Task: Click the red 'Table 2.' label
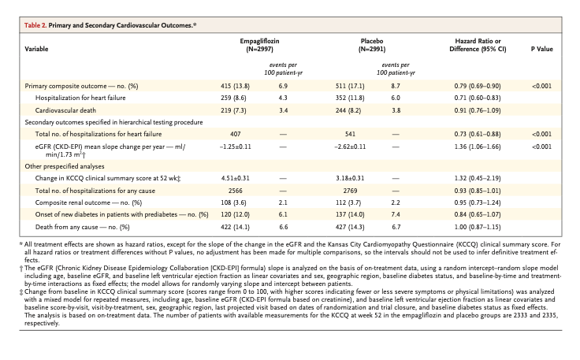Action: tap(35, 25)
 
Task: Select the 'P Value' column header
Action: tap(542, 49)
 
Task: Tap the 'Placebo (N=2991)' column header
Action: tap(372, 45)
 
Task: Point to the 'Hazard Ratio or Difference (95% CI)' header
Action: tap(478, 45)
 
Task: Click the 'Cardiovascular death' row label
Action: tap(65, 110)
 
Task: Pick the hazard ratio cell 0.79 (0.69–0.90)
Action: tap(478, 86)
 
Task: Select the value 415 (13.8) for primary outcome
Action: tap(236, 86)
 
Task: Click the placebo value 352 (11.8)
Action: tap(350, 98)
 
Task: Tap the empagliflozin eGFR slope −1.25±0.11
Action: tap(236, 147)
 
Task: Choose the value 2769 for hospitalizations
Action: tap(350, 191)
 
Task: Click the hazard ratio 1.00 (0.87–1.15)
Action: tap(478, 227)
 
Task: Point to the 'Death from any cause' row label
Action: tap(83, 227)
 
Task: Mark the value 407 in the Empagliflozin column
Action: tap(236, 134)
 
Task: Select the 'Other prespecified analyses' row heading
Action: tap(65, 166)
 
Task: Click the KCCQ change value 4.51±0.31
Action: tap(236, 178)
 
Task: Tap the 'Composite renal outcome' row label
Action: tap(88, 202)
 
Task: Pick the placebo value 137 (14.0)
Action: tap(350, 214)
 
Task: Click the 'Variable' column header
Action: tap(36, 49)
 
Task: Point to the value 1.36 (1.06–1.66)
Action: tap(478, 147)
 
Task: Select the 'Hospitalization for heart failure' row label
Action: tap(80, 98)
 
